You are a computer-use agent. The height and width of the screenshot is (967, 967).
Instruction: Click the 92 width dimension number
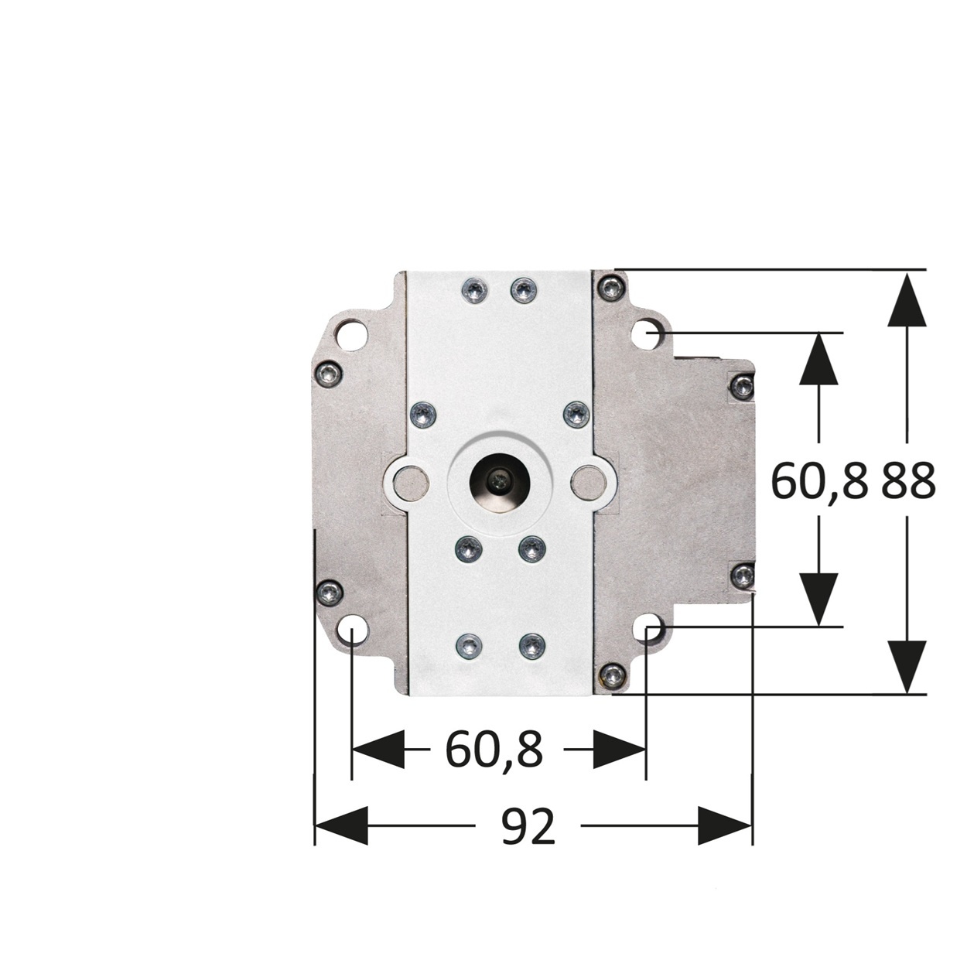pos(528,827)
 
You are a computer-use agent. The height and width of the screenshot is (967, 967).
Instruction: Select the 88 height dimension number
pos(907,480)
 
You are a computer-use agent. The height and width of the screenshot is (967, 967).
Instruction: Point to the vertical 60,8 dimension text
pos(819,480)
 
